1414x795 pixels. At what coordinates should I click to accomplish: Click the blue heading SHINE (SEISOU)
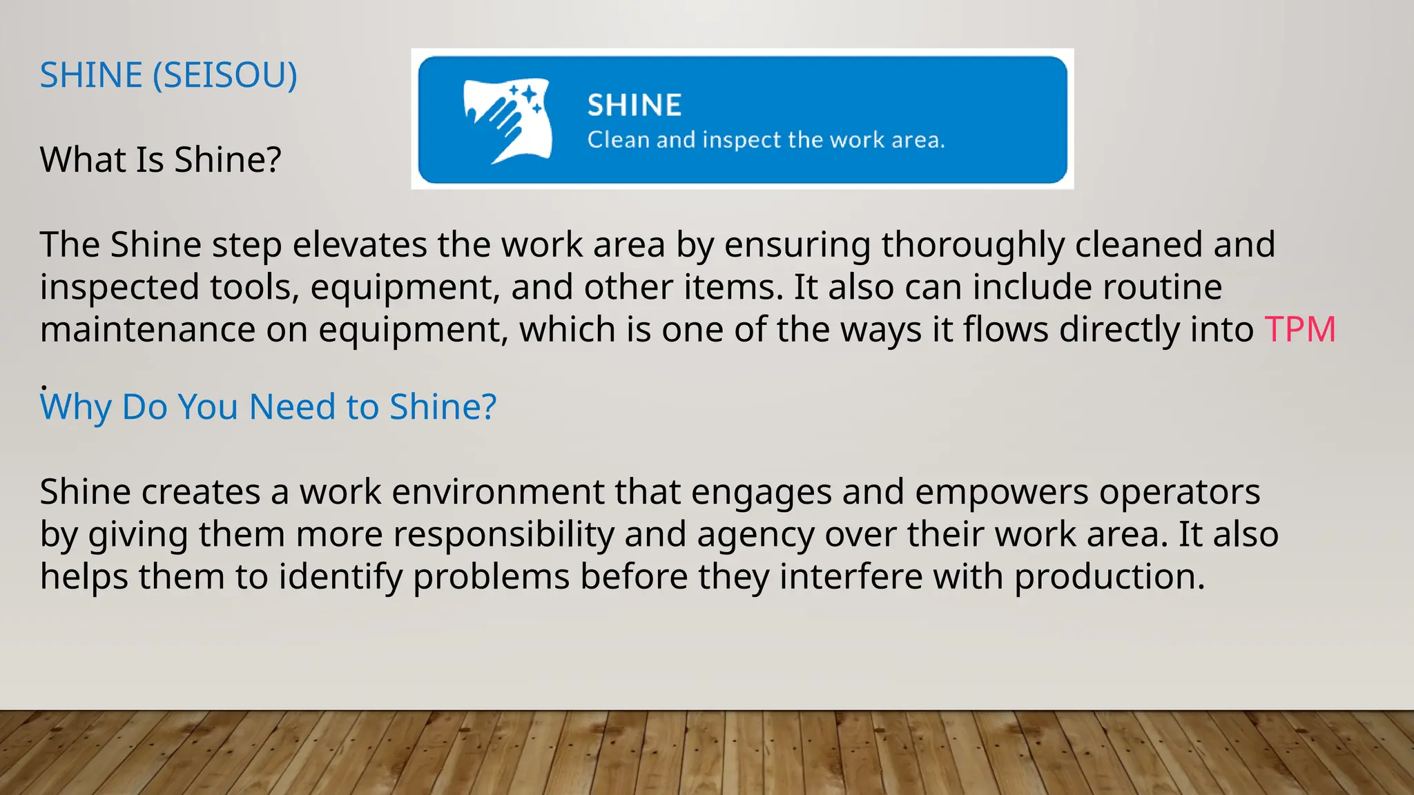click(168, 75)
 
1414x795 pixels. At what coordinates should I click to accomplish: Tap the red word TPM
click(1300, 329)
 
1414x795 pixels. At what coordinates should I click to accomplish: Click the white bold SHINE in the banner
click(635, 106)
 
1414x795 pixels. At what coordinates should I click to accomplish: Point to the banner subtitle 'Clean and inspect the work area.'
click(766, 140)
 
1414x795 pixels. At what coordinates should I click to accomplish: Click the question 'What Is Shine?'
click(160, 159)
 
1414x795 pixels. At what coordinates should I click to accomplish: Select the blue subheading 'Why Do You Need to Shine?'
click(268, 406)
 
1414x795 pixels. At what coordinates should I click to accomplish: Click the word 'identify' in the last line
click(340, 577)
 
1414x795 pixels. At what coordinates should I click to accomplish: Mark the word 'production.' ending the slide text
click(1110, 577)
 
